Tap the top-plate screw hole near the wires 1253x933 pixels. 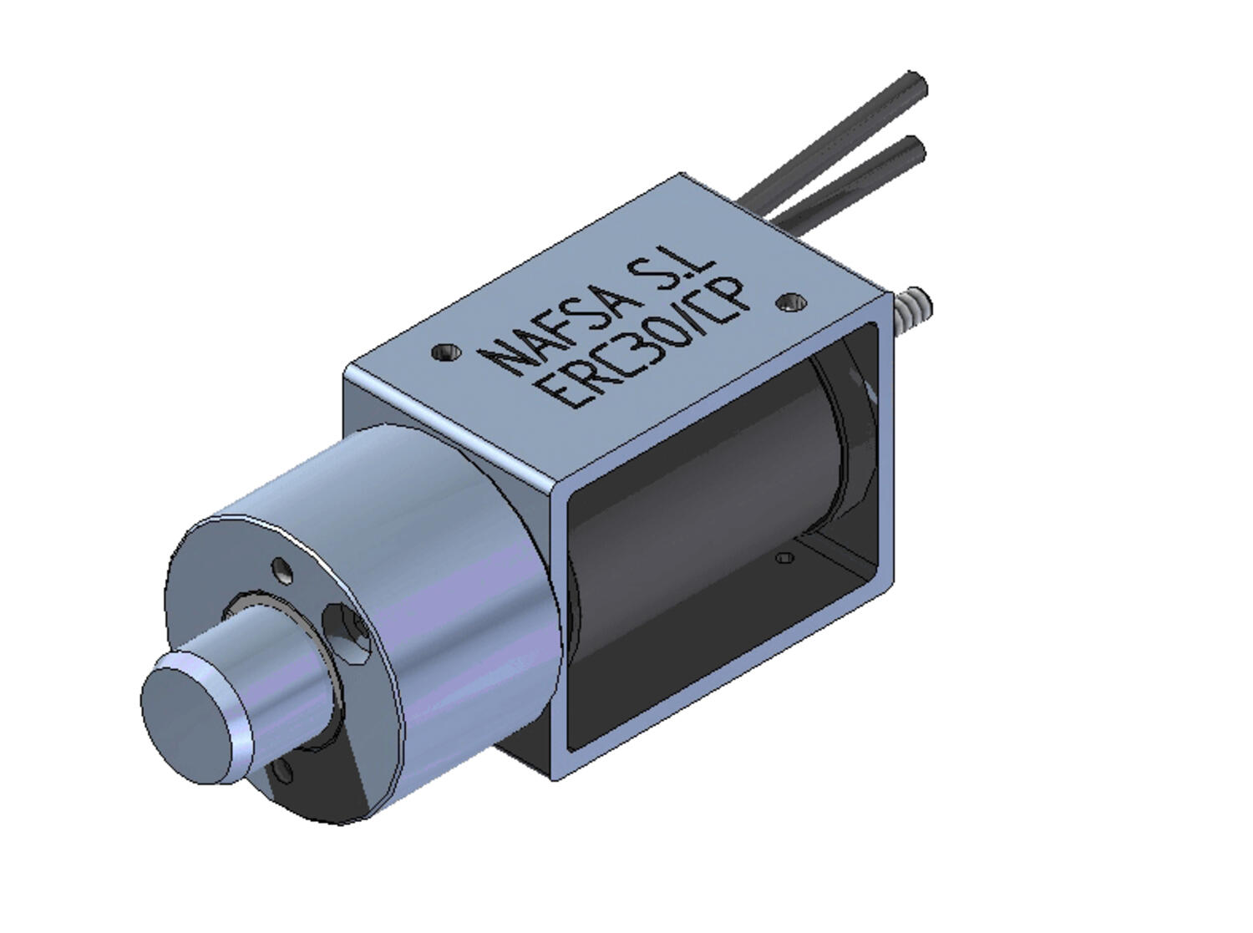pos(790,302)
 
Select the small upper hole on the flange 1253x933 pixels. pos(283,572)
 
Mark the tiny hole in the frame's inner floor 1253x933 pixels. pos(783,557)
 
